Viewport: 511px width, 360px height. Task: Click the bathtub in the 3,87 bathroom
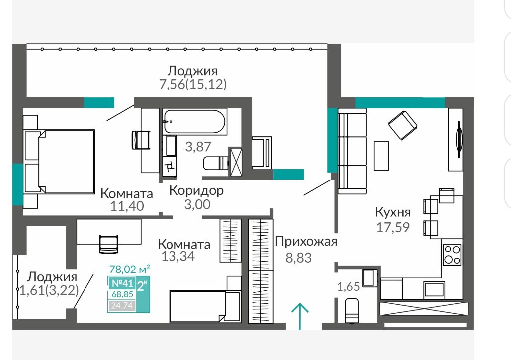point(194,122)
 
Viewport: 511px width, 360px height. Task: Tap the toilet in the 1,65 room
point(352,310)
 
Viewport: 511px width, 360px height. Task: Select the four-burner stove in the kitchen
point(452,255)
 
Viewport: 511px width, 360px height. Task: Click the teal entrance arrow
point(300,316)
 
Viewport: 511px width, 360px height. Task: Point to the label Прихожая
point(306,242)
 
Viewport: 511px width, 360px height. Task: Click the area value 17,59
point(393,227)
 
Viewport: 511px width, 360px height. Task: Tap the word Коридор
point(196,190)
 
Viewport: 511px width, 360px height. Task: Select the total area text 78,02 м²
point(129,269)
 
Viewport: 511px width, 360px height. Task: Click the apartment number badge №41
point(122,283)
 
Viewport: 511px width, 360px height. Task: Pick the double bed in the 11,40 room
point(59,162)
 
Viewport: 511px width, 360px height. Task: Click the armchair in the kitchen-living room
point(403,125)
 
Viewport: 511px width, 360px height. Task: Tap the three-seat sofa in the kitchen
point(352,151)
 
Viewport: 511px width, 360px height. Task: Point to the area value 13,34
point(178,256)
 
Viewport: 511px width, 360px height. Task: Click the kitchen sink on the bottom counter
point(434,289)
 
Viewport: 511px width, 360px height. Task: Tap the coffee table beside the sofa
point(381,156)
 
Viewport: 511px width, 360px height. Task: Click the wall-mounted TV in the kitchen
point(458,140)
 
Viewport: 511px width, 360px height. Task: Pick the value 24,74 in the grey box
point(122,305)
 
